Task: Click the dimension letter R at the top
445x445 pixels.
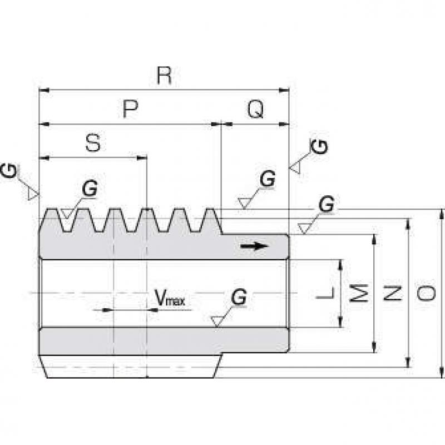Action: tap(164, 76)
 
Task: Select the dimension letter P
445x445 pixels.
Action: tap(130, 108)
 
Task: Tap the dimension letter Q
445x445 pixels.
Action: tap(256, 109)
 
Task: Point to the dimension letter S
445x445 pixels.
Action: tap(93, 143)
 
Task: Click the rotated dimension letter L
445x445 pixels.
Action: tap(325, 293)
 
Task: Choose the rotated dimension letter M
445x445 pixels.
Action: tap(359, 293)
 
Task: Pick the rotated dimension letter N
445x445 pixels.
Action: tap(393, 293)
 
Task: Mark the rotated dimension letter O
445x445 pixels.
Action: tap(426, 293)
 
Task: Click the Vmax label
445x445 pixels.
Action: tap(170, 297)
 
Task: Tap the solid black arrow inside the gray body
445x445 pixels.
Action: tap(254, 246)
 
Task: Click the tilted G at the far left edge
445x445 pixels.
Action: tap(9, 170)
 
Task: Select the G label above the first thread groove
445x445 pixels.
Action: tap(90, 189)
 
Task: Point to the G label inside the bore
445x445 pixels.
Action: tap(239, 297)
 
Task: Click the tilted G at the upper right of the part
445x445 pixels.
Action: tap(319, 147)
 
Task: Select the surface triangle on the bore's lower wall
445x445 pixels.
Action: tap(217, 322)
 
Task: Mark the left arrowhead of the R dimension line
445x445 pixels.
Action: tap(44, 90)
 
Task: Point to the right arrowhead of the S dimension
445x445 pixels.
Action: tap(142, 158)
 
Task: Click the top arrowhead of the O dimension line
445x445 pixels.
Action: tap(441, 214)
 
